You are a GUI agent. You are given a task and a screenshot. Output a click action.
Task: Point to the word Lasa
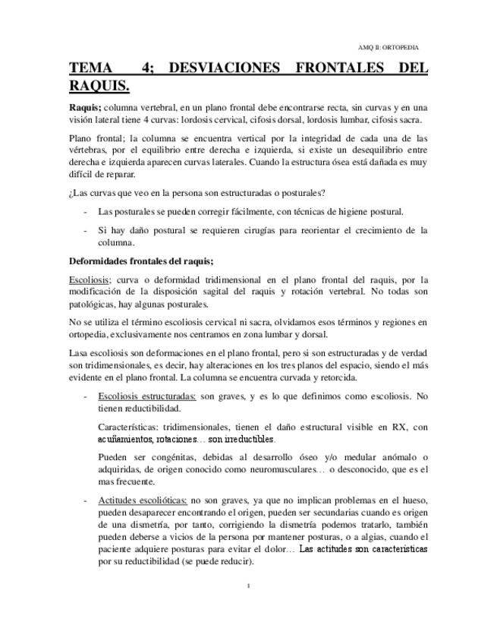click(79, 354)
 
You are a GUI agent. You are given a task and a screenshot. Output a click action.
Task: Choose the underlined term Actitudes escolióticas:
click(143, 500)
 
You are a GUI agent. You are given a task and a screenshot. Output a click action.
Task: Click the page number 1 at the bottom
click(248, 586)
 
